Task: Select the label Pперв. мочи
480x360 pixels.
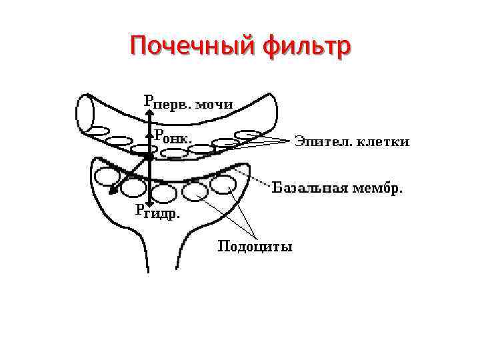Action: point(188,102)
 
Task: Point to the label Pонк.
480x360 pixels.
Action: point(174,138)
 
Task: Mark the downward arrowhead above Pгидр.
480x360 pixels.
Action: point(151,201)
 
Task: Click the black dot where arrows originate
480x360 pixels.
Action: point(149,156)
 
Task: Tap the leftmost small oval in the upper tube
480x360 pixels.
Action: point(100,130)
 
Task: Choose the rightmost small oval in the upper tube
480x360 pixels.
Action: point(248,134)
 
